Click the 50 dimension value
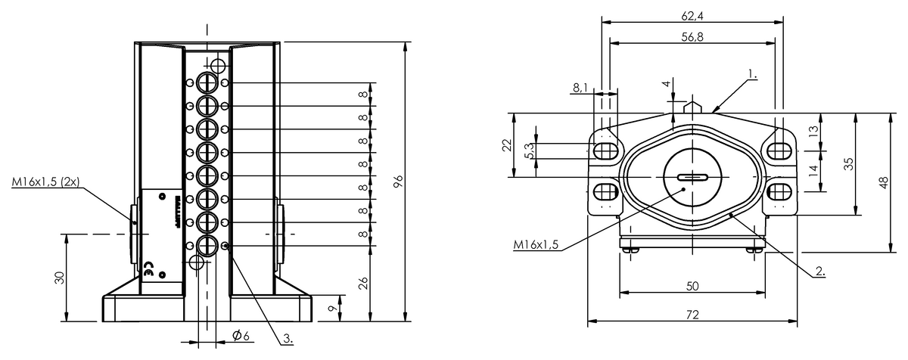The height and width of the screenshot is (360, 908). pos(692,285)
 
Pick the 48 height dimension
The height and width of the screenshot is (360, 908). pos(884,183)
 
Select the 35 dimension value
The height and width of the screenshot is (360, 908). pos(849,164)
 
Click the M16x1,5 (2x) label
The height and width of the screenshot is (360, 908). pos(45,182)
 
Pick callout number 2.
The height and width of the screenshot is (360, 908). pos(819,270)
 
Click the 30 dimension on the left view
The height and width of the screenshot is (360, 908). pos(60,277)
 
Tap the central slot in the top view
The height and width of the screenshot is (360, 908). pos(692,178)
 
